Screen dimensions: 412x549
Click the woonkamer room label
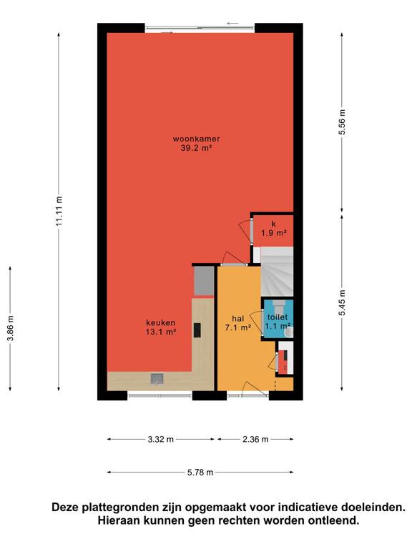196,139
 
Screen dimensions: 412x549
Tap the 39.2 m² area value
196,148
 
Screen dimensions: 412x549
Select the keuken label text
161,323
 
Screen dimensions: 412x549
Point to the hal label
238,319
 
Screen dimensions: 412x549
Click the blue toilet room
278,318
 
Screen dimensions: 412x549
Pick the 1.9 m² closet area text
274,233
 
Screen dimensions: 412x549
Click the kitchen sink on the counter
157,379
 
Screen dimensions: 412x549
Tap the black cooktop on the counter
197,330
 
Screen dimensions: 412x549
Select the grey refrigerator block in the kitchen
204,281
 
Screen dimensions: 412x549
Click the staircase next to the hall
277,272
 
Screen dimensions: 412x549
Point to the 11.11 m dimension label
59,210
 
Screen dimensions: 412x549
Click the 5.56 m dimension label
343,122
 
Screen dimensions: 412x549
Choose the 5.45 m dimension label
343,303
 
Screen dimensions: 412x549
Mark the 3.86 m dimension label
11,328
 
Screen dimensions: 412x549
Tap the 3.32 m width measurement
161,439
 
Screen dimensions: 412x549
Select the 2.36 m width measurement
255,439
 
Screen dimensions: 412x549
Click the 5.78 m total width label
200,473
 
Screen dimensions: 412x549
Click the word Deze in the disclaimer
66,507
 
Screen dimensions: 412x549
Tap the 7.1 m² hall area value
238,327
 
